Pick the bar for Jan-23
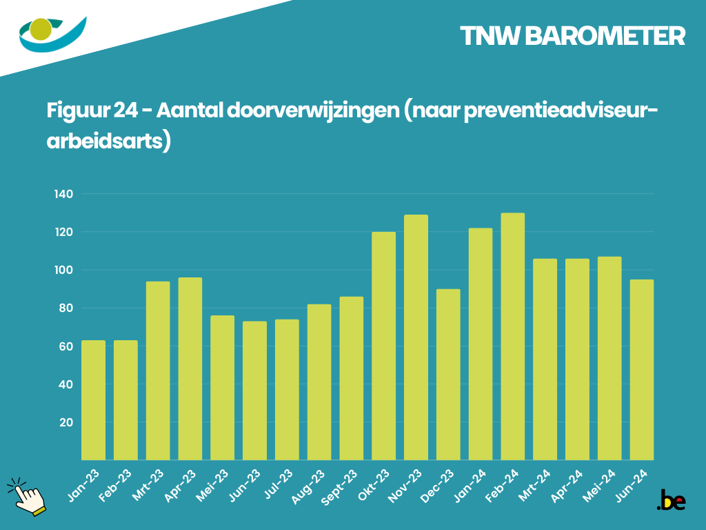94,400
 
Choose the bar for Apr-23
190,369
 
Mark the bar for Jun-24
642,369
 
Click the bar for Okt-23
383,345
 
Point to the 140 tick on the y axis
63,194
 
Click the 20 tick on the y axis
66,422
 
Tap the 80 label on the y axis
66,308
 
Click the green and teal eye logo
52,34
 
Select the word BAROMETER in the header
605,37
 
